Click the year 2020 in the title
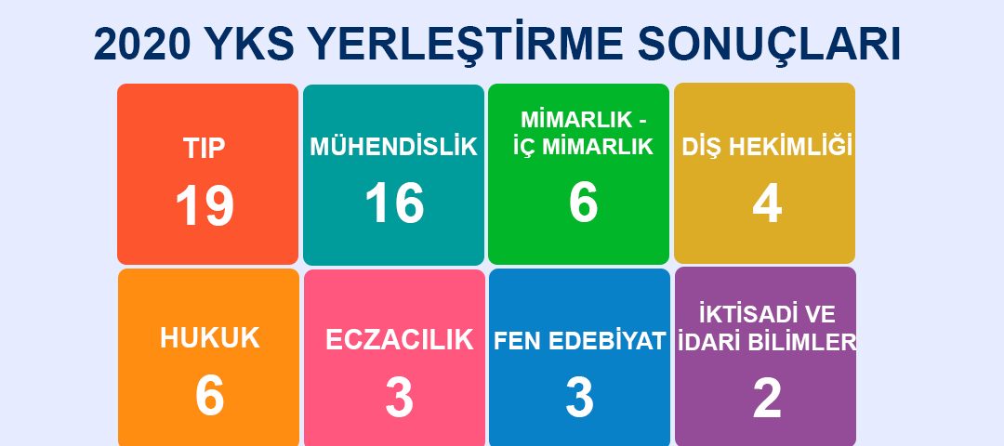141,45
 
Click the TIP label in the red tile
205,149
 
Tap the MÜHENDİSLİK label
394,146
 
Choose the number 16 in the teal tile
394,203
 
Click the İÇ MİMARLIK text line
583,147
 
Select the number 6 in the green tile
583,203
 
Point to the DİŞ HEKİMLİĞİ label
767,147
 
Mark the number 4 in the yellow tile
767,204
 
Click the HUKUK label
210,338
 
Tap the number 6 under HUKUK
210,396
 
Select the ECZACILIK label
400,340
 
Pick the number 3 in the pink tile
400,397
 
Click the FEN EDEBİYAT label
580,341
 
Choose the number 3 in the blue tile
580,397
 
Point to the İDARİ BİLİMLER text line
767,342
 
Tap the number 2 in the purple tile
767,398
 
